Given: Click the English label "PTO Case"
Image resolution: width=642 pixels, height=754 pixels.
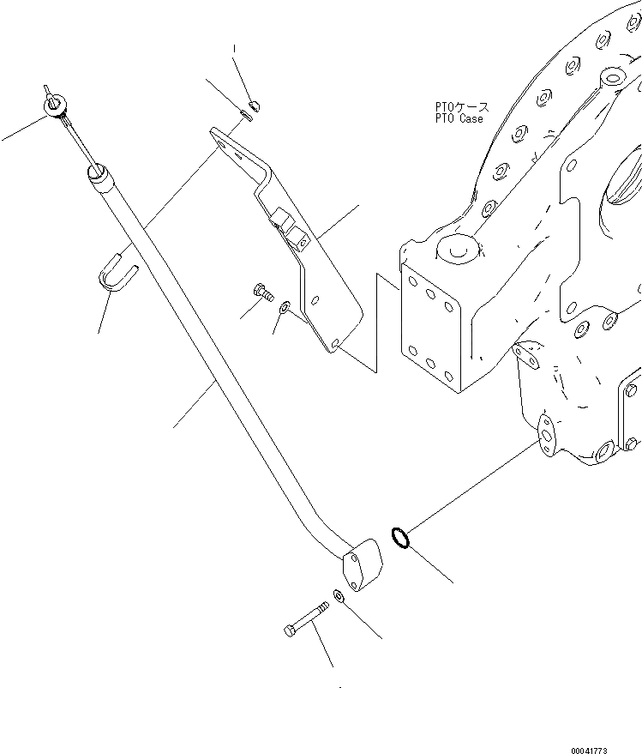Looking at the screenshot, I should (459, 119).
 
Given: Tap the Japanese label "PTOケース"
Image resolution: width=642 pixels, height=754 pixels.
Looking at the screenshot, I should (461, 107).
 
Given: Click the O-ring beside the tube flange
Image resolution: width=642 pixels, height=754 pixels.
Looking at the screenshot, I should (399, 538).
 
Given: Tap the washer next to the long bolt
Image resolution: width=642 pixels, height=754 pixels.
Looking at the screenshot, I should (339, 597).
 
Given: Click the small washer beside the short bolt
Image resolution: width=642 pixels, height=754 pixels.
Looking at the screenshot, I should (285, 306).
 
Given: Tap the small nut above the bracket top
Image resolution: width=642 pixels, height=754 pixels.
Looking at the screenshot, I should (255, 106).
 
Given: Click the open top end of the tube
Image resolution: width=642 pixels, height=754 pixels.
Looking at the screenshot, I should (97, 175).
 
